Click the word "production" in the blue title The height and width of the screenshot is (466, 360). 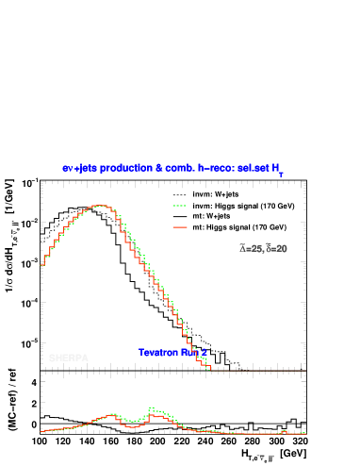[x=126, y=168]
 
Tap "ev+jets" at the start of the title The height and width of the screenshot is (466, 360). [x=79, y=168]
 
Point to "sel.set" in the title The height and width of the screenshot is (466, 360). [x=252, y=168]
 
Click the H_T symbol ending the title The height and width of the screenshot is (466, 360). [x=278, y=170]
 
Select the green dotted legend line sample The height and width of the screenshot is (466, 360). [x=180, y=206]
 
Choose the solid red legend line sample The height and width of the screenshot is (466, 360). [x=180, y=227]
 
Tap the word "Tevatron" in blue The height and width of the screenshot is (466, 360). [x=156, y=353]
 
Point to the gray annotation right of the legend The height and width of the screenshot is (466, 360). [x=264, y=249]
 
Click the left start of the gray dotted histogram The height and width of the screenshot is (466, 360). [x=41, y=241]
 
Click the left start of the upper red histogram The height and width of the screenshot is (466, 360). [x=41, y=265]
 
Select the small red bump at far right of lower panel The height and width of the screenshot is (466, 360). [x=284, y=430]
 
